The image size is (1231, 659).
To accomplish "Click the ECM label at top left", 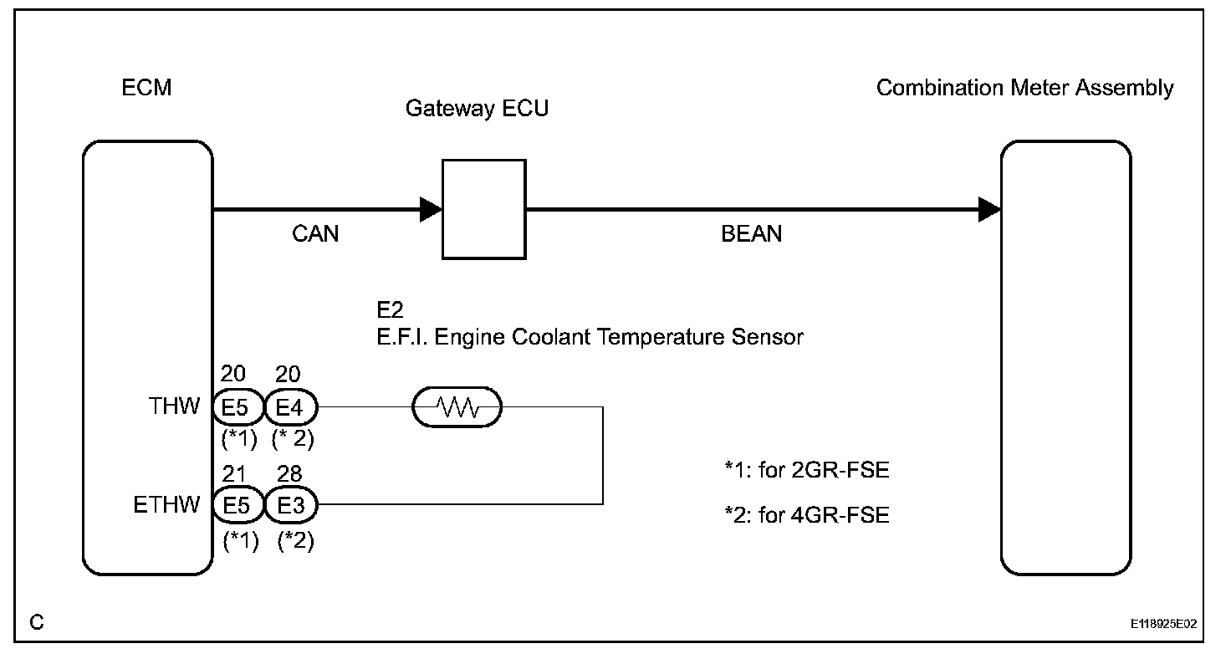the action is pos(146,87).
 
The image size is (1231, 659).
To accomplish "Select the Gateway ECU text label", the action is pos(477,108).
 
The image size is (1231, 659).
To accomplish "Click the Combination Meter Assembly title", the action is pos(1025,88).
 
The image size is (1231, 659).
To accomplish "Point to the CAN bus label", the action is pos(315,233).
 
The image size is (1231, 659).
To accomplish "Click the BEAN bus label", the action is pos(751,233).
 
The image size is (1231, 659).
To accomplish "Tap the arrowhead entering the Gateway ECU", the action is pos(431,209).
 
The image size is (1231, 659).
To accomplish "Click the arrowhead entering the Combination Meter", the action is pos(990,209).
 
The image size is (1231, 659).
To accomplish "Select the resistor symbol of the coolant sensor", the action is pos(457,407).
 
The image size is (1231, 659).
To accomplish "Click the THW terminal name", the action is pos(174,406).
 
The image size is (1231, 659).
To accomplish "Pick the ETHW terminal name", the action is pos(166,504).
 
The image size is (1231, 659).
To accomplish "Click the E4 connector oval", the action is pos(291,407).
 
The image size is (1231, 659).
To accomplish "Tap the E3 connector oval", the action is pos(291,504).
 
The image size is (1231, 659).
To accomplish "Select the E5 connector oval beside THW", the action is pos(238,407).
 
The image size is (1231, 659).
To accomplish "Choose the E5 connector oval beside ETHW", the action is pos(238,504).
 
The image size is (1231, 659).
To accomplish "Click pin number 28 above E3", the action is pos(289,473).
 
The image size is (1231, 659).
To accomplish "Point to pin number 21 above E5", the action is pos(233,473).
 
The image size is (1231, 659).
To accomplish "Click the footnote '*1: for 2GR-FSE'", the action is pos(807,470).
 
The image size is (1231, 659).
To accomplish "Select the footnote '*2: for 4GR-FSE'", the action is pos(807,515).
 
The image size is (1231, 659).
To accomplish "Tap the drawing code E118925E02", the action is pos(1163,623).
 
